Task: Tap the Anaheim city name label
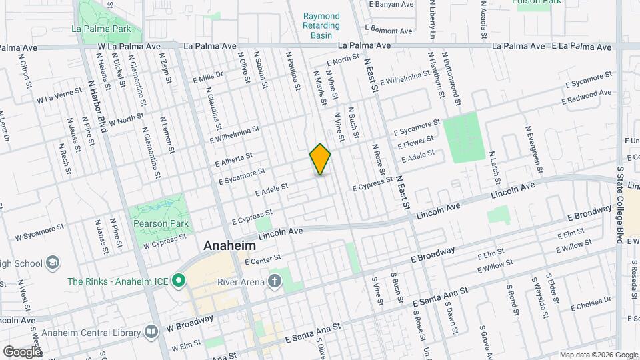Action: [x=229, y=245]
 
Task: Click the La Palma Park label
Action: [x=99, y=29]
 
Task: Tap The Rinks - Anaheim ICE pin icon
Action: [x=178, y=281]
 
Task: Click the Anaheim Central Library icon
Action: [x=152, y=331]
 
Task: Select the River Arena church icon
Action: [x=274, y=281]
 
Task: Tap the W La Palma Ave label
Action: [x=129, y=47]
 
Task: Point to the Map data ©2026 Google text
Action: [x=597, y=355]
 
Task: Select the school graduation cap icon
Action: [x=52, y=263]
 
